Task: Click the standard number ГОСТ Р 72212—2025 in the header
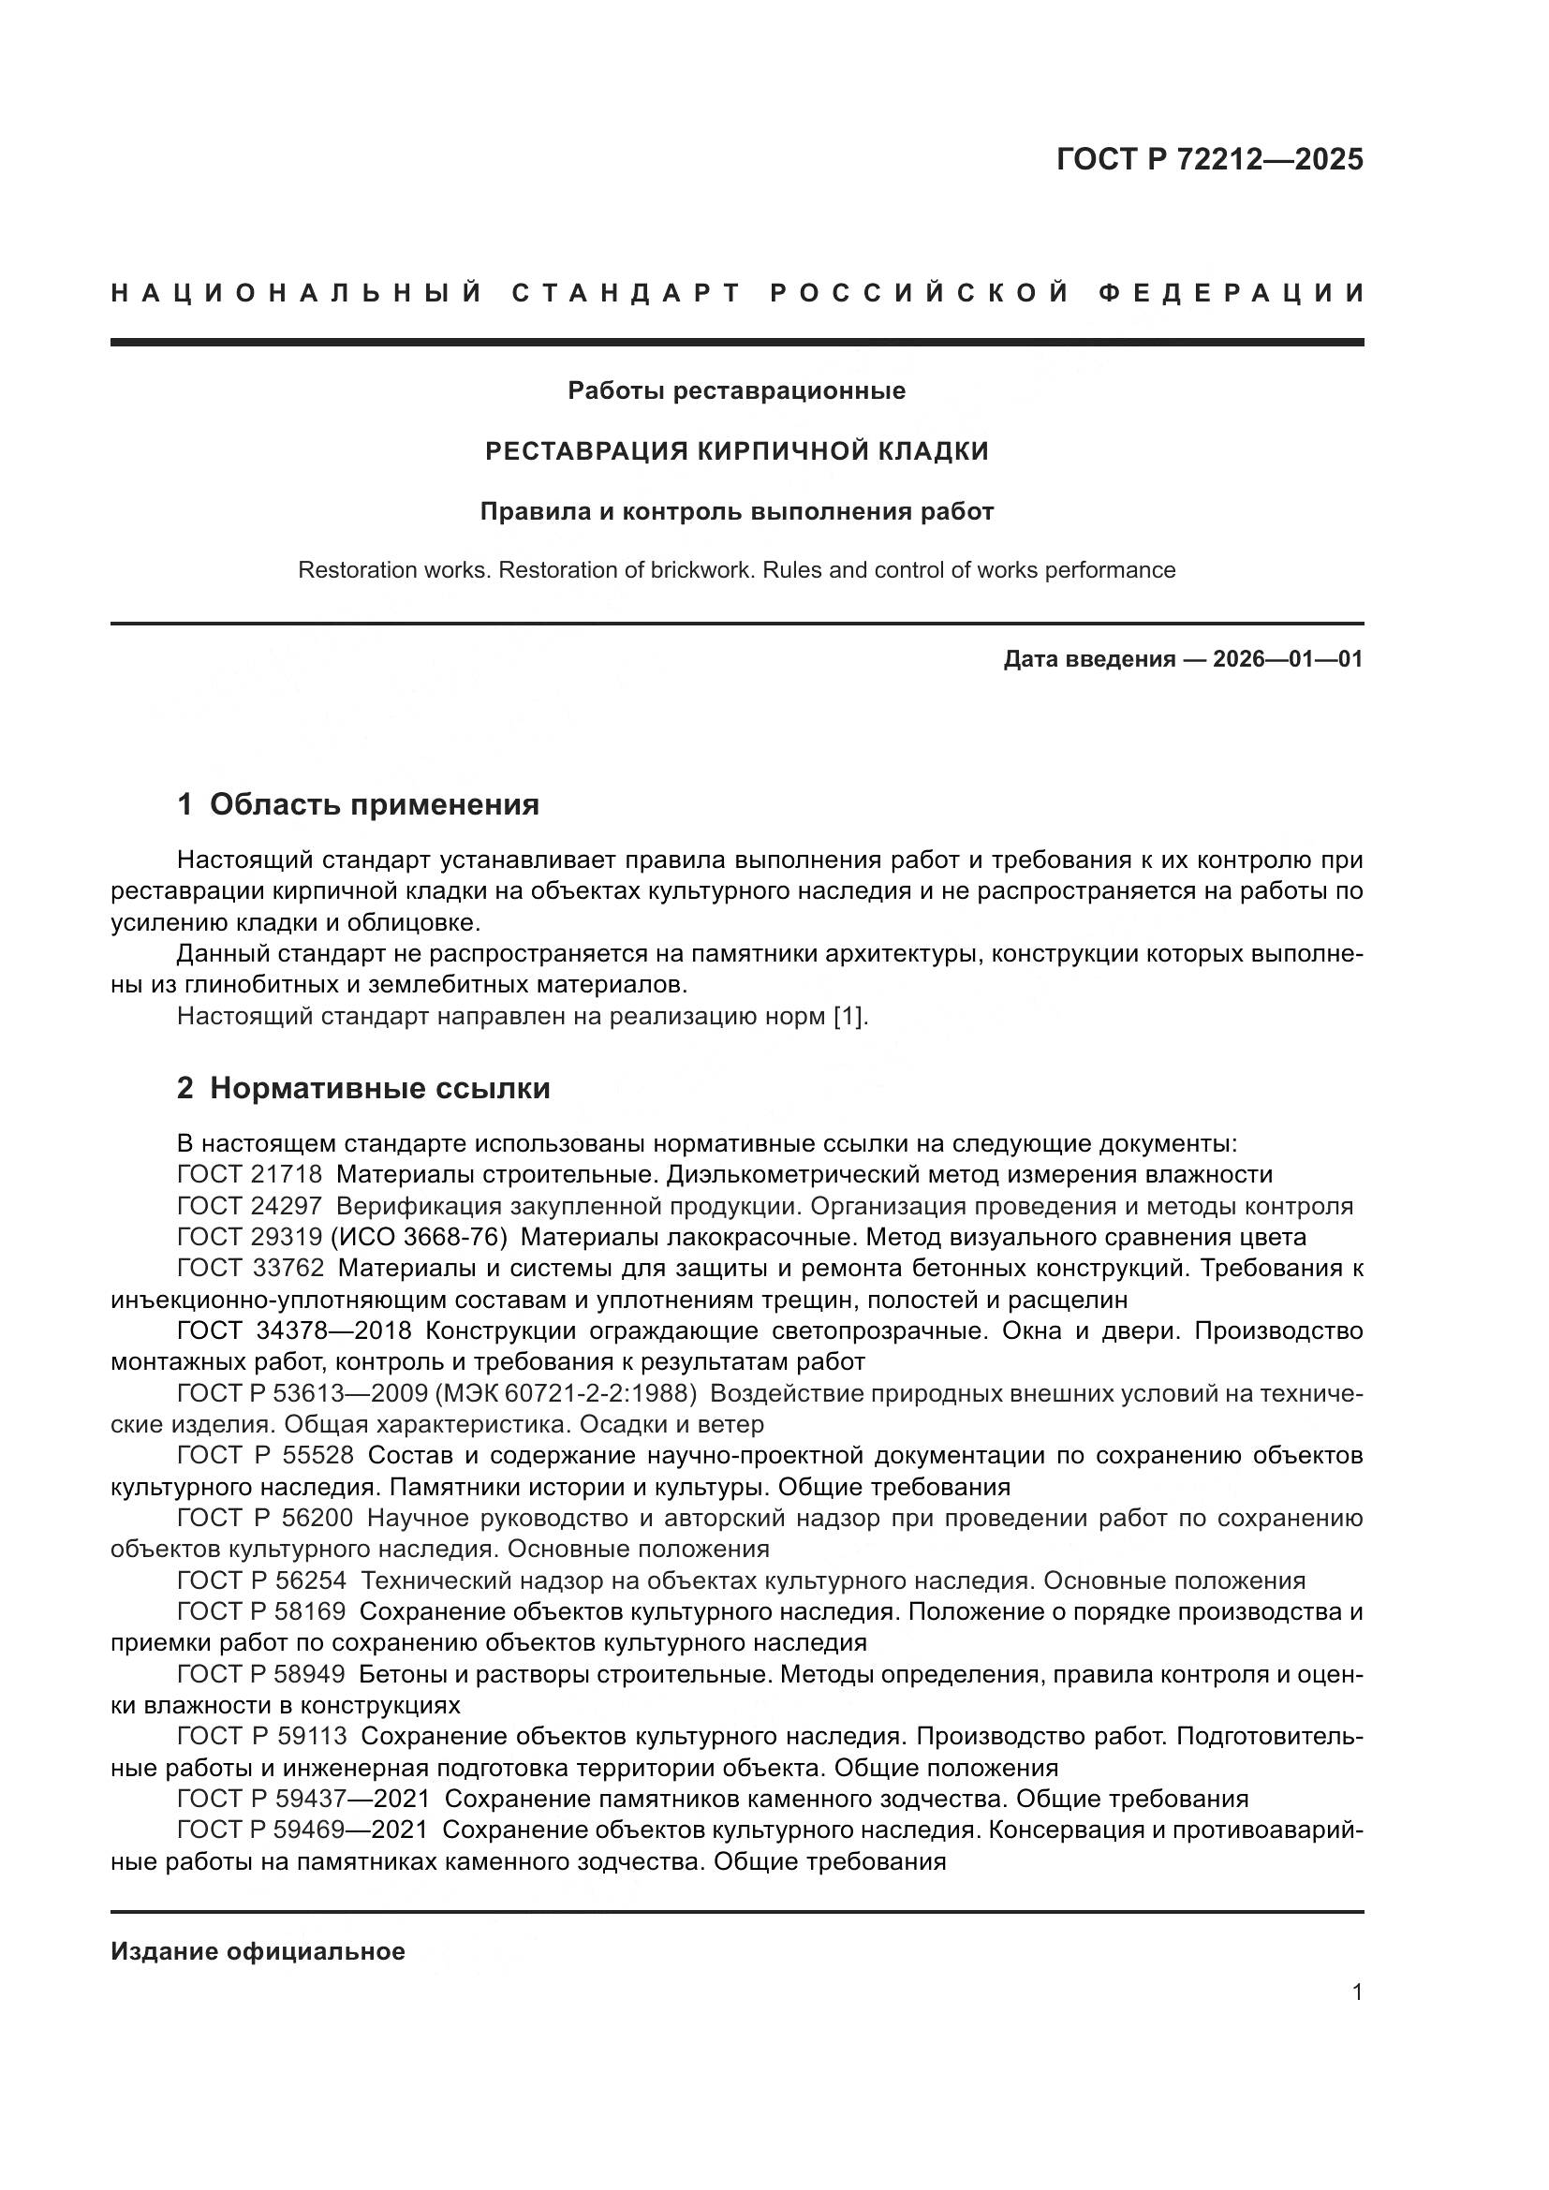[x=1209, y=159]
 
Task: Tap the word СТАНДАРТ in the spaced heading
[x=626, y=293]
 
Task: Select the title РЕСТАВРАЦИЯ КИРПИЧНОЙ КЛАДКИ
[x=736, y=451]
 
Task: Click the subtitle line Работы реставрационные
[x=736, y=391]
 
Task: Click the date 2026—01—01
[x=1288, y=659]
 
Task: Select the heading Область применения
[x=374, y=805]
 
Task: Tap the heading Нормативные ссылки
[x=379, y=1088]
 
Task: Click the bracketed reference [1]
[x=849, y=1017]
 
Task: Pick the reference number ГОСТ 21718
[x=249, y=1174]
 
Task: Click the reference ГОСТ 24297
[x=249, y=1206]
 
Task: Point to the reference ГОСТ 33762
[x=250, y=1269]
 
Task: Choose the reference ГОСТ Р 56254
[x=261, y=1581]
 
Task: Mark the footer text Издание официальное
[x=258, y=1951]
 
